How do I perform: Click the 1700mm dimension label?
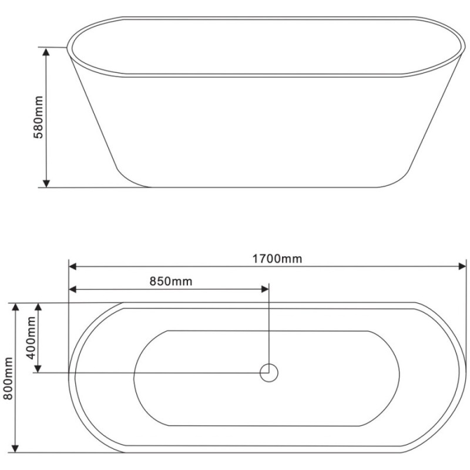(x=277, y=258)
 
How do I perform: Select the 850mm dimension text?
(x=171, y=281)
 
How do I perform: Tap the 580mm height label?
(x=38, y=117)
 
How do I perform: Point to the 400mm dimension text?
(x=31, y=338)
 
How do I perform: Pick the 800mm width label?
(x=8, y=378)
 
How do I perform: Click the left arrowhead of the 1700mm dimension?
(x=72, y=266)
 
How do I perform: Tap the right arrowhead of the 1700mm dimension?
(x=462, y=266)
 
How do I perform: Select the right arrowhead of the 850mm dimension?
(x=265, y=289)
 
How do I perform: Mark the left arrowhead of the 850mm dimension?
(x=72, y=289)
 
